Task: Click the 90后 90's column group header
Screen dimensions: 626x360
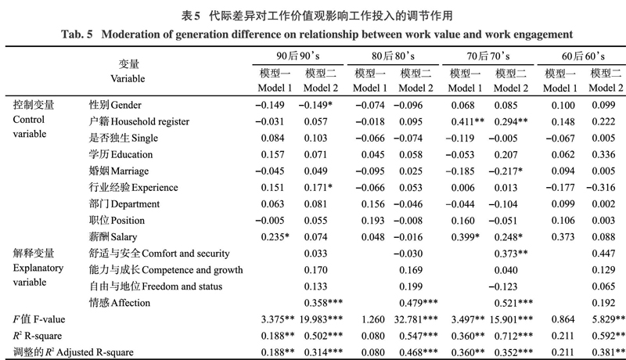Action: click(x=298, y=56)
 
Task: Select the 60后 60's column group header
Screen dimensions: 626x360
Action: click(x=583, y=56)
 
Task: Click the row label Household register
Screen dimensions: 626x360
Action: click(x=139, y=121)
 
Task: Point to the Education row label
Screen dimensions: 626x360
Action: click(x=121, y=154)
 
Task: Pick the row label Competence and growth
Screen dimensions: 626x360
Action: click(x=166, y=270)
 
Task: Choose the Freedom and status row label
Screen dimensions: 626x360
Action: click(x=155, y=286)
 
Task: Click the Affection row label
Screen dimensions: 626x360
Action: click(x=120, y=303)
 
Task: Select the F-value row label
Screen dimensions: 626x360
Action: click(x=38, y=319)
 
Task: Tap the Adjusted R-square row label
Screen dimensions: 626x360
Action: click(x=73, y=352)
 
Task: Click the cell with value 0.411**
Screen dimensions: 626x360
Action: click(x=467, y=121)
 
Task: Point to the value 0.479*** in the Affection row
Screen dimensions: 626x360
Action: click(x=419, y=303)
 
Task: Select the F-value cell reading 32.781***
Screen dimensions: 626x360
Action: click(x=416, y=319)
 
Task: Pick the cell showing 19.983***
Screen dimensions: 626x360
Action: click(x=321, y=319)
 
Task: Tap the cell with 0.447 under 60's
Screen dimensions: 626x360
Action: click(x=603, y=254)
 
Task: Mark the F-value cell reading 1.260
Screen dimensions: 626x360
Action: click(x=373, y=319)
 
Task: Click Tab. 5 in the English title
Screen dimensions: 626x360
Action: click(x=77, y=34)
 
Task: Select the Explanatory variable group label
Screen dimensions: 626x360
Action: click(x=38, y=268)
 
